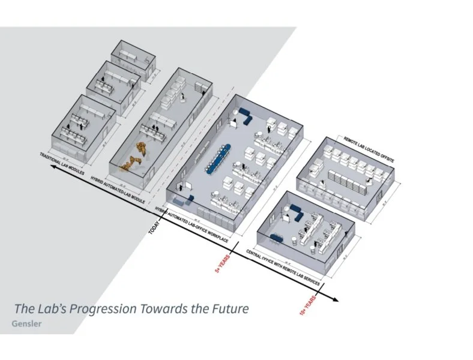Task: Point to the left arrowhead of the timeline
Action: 54,169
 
